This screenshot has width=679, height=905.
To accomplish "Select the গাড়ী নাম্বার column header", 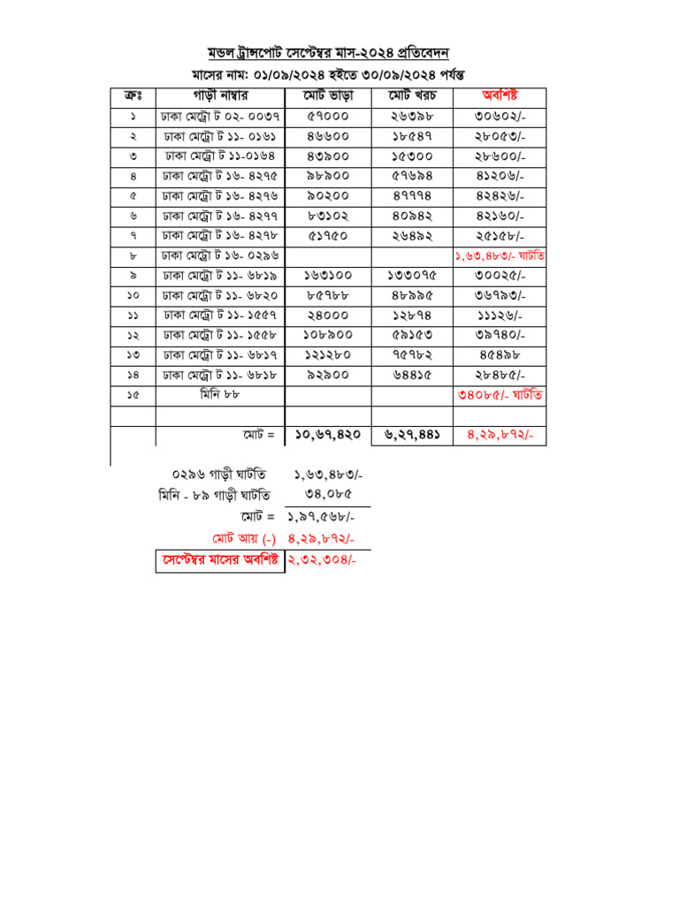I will coord(220,95).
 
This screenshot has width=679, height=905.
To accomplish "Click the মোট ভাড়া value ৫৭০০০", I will coord(327,116).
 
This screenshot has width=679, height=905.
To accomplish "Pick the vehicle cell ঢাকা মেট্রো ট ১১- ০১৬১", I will coord(221,136).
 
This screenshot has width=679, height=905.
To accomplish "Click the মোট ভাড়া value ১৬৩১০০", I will coord(327,276).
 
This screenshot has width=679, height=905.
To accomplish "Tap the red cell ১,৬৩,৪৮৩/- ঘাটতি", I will coord(500,255).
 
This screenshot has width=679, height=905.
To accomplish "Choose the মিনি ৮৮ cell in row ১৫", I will coord(220,395).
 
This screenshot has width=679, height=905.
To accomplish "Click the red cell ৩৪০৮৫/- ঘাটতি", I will coord(500,395).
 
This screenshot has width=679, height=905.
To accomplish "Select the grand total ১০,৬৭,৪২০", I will coord(328,435).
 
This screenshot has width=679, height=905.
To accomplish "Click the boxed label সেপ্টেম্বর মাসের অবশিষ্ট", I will coord(220,559).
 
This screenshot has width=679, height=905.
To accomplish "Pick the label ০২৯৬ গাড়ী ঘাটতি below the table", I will coord(220,475).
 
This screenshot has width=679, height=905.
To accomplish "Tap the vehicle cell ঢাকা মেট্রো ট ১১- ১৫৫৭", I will coord(221,316).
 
